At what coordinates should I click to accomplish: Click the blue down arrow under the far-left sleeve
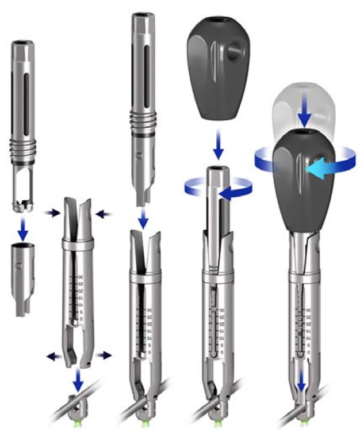tap(23, 227)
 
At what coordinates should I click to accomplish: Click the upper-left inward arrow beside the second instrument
tap(52, 213)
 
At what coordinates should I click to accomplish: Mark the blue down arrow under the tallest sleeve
tap(145, 218)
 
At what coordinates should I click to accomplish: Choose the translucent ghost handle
tap(302, 109)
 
